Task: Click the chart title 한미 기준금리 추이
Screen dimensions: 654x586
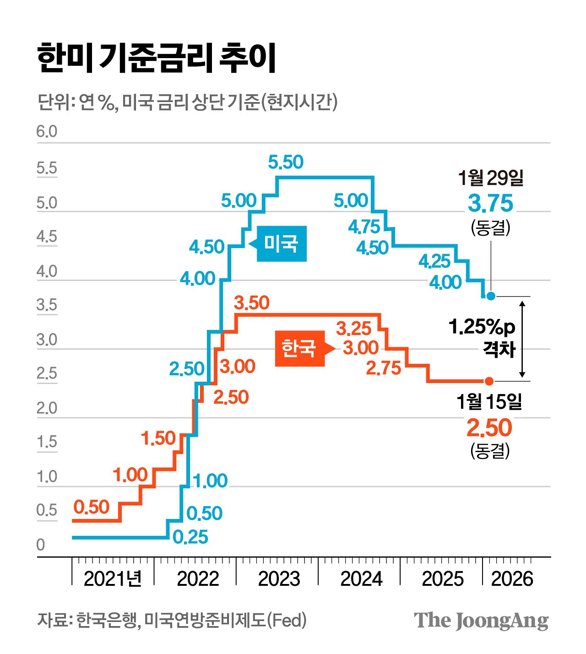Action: [x=157, y=59]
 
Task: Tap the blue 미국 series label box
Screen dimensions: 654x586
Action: [x=281, y=243]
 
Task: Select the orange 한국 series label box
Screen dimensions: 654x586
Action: [x=299, y=348]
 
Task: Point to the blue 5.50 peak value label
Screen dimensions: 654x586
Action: [x=286, y=162]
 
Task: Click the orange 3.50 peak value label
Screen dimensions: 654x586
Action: [x=251, y=303]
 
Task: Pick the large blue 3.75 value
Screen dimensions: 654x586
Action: [x=490, y=204]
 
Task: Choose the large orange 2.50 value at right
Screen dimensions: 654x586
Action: [x=489, y=428]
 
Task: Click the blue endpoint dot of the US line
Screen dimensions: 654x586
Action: [x=491, y=296]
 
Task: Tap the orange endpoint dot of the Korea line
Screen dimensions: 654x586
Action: [x=489, y=381]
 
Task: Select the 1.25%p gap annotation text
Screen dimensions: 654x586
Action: [x=482, y=327]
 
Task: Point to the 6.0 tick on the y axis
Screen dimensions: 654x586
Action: [x=47, y=132]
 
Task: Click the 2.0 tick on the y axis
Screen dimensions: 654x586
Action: [x=47, y=408]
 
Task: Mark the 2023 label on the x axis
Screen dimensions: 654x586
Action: [x=279, y=578]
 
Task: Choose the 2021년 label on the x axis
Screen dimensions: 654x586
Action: [x=113, y=578]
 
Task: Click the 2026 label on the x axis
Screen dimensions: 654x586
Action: [x=512, y=578]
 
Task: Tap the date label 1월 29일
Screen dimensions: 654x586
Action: [x=490, y=178]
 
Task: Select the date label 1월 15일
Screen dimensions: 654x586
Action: [x=489, y=402]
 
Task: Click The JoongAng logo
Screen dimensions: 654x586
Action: [x=481, y=621]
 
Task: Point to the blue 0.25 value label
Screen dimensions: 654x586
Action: [x=190, y=537]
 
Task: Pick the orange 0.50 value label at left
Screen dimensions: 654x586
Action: [x=92, y=507]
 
